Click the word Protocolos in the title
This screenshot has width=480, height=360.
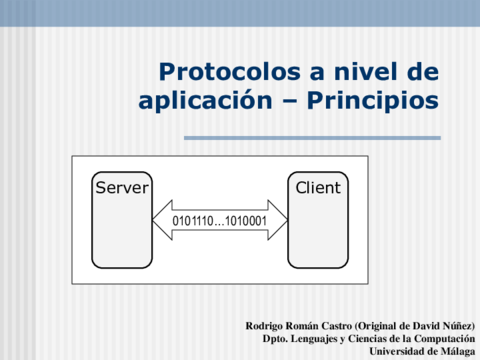[x=230, y=72]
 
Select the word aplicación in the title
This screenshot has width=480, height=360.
[x=205, y=101]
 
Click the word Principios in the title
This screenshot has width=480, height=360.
[x=373, y=101]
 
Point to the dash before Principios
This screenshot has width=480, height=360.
[x=290, y=102]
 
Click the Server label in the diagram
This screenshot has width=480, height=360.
[x=122, y=188]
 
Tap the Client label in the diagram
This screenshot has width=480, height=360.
[x=318, y=188]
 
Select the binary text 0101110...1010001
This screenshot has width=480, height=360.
[x=219, y=221]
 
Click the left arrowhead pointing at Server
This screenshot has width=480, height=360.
[x=163, y=220]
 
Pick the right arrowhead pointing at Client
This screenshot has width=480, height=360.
[x=277, y=220]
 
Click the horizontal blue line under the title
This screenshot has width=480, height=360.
[x=312, y=138]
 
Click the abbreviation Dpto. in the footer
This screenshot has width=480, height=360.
[x=275, y=339]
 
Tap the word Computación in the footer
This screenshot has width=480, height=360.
[x=445, y=339]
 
